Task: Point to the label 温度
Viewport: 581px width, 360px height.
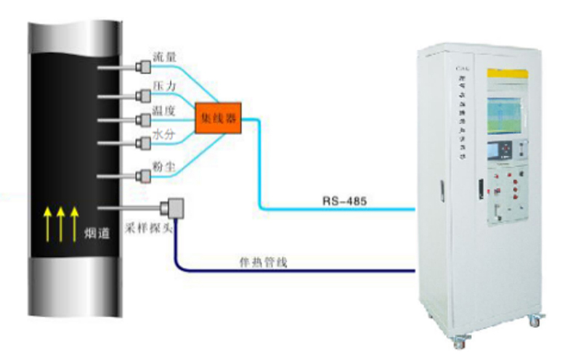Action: [163, 111]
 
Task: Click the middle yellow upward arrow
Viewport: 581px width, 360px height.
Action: [61, 222]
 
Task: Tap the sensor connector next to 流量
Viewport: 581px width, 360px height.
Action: [142, 68]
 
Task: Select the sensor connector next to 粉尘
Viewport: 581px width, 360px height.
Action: [142, 175]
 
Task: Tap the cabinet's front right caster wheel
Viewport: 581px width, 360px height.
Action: [535, 320]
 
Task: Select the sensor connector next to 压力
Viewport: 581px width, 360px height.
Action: [142, 95]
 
